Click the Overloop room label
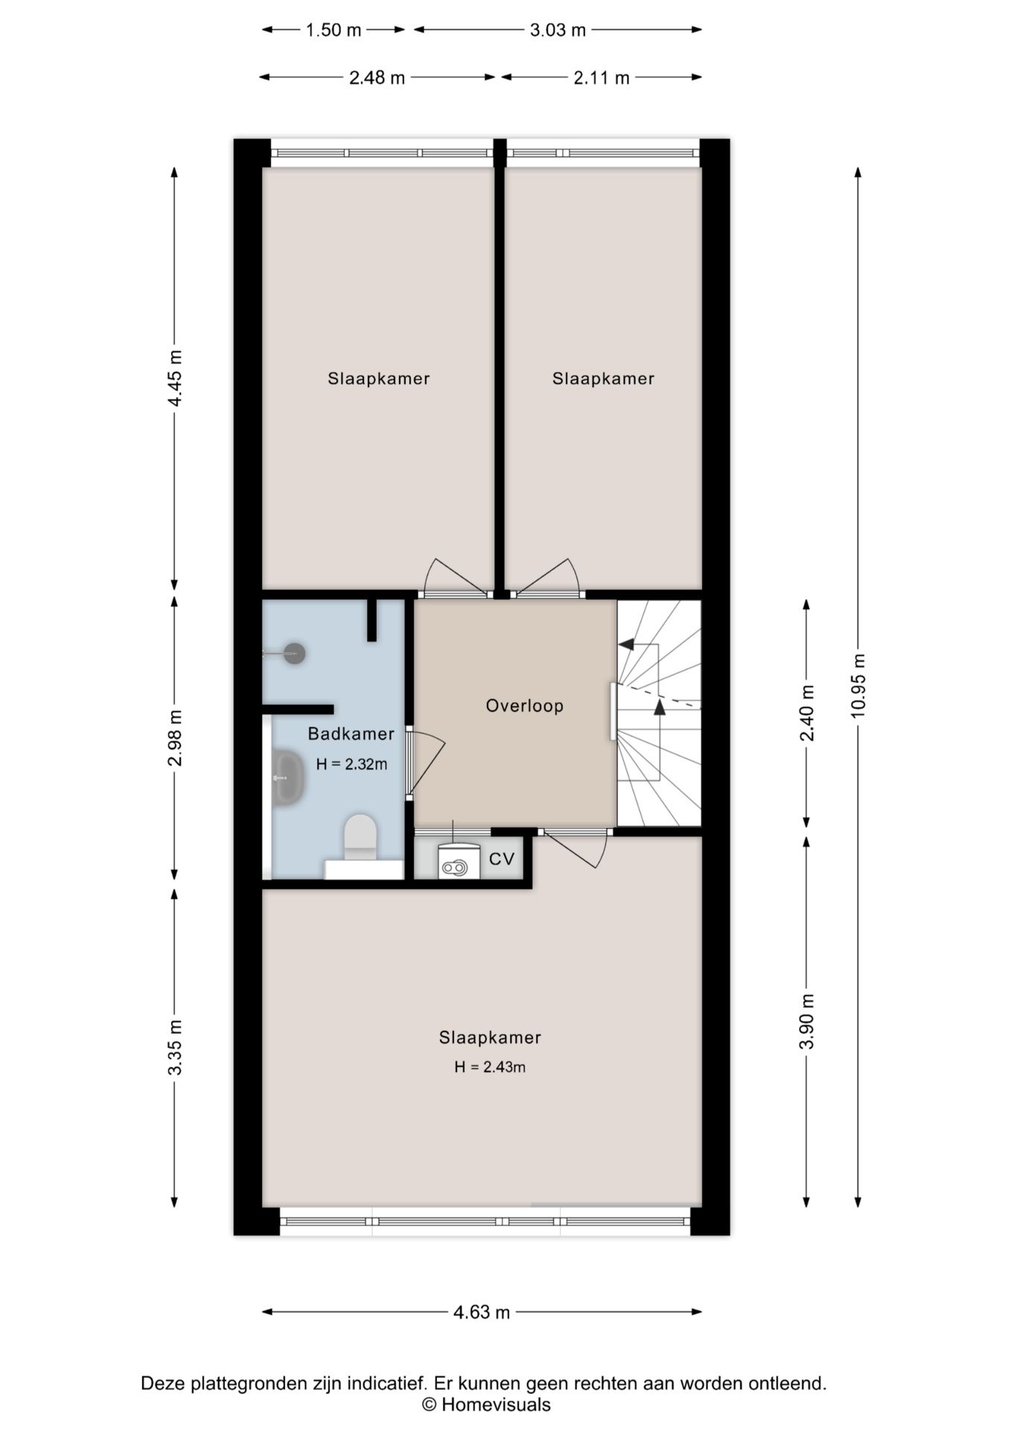click(524, 705)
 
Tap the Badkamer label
click(351, 734)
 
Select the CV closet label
click(502, 859)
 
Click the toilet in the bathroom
click(360, 838)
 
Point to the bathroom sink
click(287, 778)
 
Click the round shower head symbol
click(295, 653)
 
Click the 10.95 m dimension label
click(858, 686)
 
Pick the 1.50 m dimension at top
click(334, 30)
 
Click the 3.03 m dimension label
click(558, 30)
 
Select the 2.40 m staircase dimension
click(807, 713)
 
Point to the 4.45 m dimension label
click(175, 378)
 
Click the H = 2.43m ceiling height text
click(490, 1067)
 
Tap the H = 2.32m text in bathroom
click(351, 763)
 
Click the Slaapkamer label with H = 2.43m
click(490, 1037)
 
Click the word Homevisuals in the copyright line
click(496, 1405)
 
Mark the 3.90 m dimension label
click(807, 1020)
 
